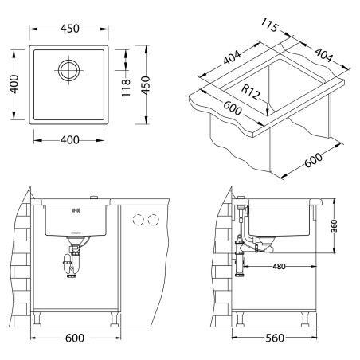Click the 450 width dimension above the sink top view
coord(69,29)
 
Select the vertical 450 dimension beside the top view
coord(146,85)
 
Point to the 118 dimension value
coord(126,88)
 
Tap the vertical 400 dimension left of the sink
coord(14,84)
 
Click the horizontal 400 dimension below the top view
coord(69,140)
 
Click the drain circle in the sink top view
coord(69,70)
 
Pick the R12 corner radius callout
coord(249,92)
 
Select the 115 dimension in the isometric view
coord(270,25)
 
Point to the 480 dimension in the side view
coord(279,266)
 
